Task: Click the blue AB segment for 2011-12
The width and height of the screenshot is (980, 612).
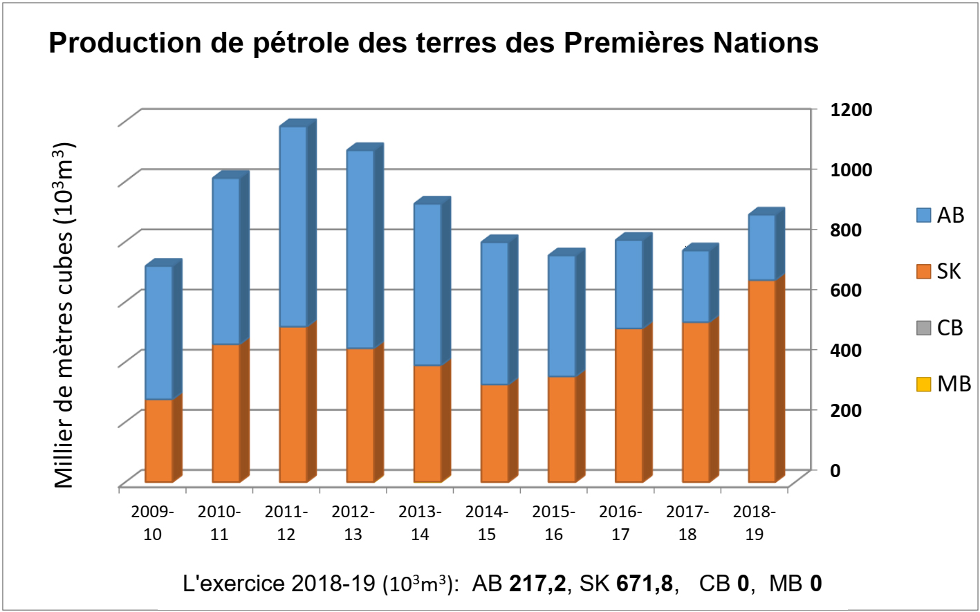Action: [x=293, y=227]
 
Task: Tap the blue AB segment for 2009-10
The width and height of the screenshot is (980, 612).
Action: [x=158, y=333]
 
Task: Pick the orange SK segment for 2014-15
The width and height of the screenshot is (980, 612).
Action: [x=494, y=433]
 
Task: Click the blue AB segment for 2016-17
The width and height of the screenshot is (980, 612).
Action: [x=628, y=284]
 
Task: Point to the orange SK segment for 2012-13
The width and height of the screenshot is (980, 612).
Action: [x=360, y=415]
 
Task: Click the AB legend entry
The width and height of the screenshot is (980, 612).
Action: [x=940, y=216]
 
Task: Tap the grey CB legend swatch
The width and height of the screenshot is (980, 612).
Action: [x=923, y=328]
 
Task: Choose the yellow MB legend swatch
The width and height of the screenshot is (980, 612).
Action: [x=923, y=384]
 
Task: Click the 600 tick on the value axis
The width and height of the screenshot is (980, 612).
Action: [x=845, y=290]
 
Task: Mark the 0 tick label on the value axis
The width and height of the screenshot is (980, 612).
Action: [x=835, y=470]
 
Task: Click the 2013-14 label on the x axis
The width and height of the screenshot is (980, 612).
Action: [x=420, y=523]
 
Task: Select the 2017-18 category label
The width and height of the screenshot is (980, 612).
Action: [x=687, y=523]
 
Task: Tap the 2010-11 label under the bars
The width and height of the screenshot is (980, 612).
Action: [x=219, y=523]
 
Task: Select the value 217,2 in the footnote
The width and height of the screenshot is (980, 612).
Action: [x=537, y=584]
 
